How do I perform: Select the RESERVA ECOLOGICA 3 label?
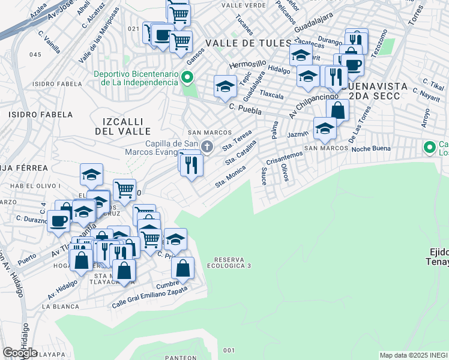[229, 262]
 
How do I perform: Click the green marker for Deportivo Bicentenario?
[187, 77]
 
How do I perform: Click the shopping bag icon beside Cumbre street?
[182, 268]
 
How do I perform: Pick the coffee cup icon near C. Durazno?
[58, 220]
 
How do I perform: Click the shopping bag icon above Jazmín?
[338, 110]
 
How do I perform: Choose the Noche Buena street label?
[371, 149]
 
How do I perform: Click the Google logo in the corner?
[20, 353]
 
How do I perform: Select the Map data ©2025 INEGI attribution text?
[413, 355]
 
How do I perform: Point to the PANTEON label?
[181, 357]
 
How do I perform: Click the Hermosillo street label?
[247, 64]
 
